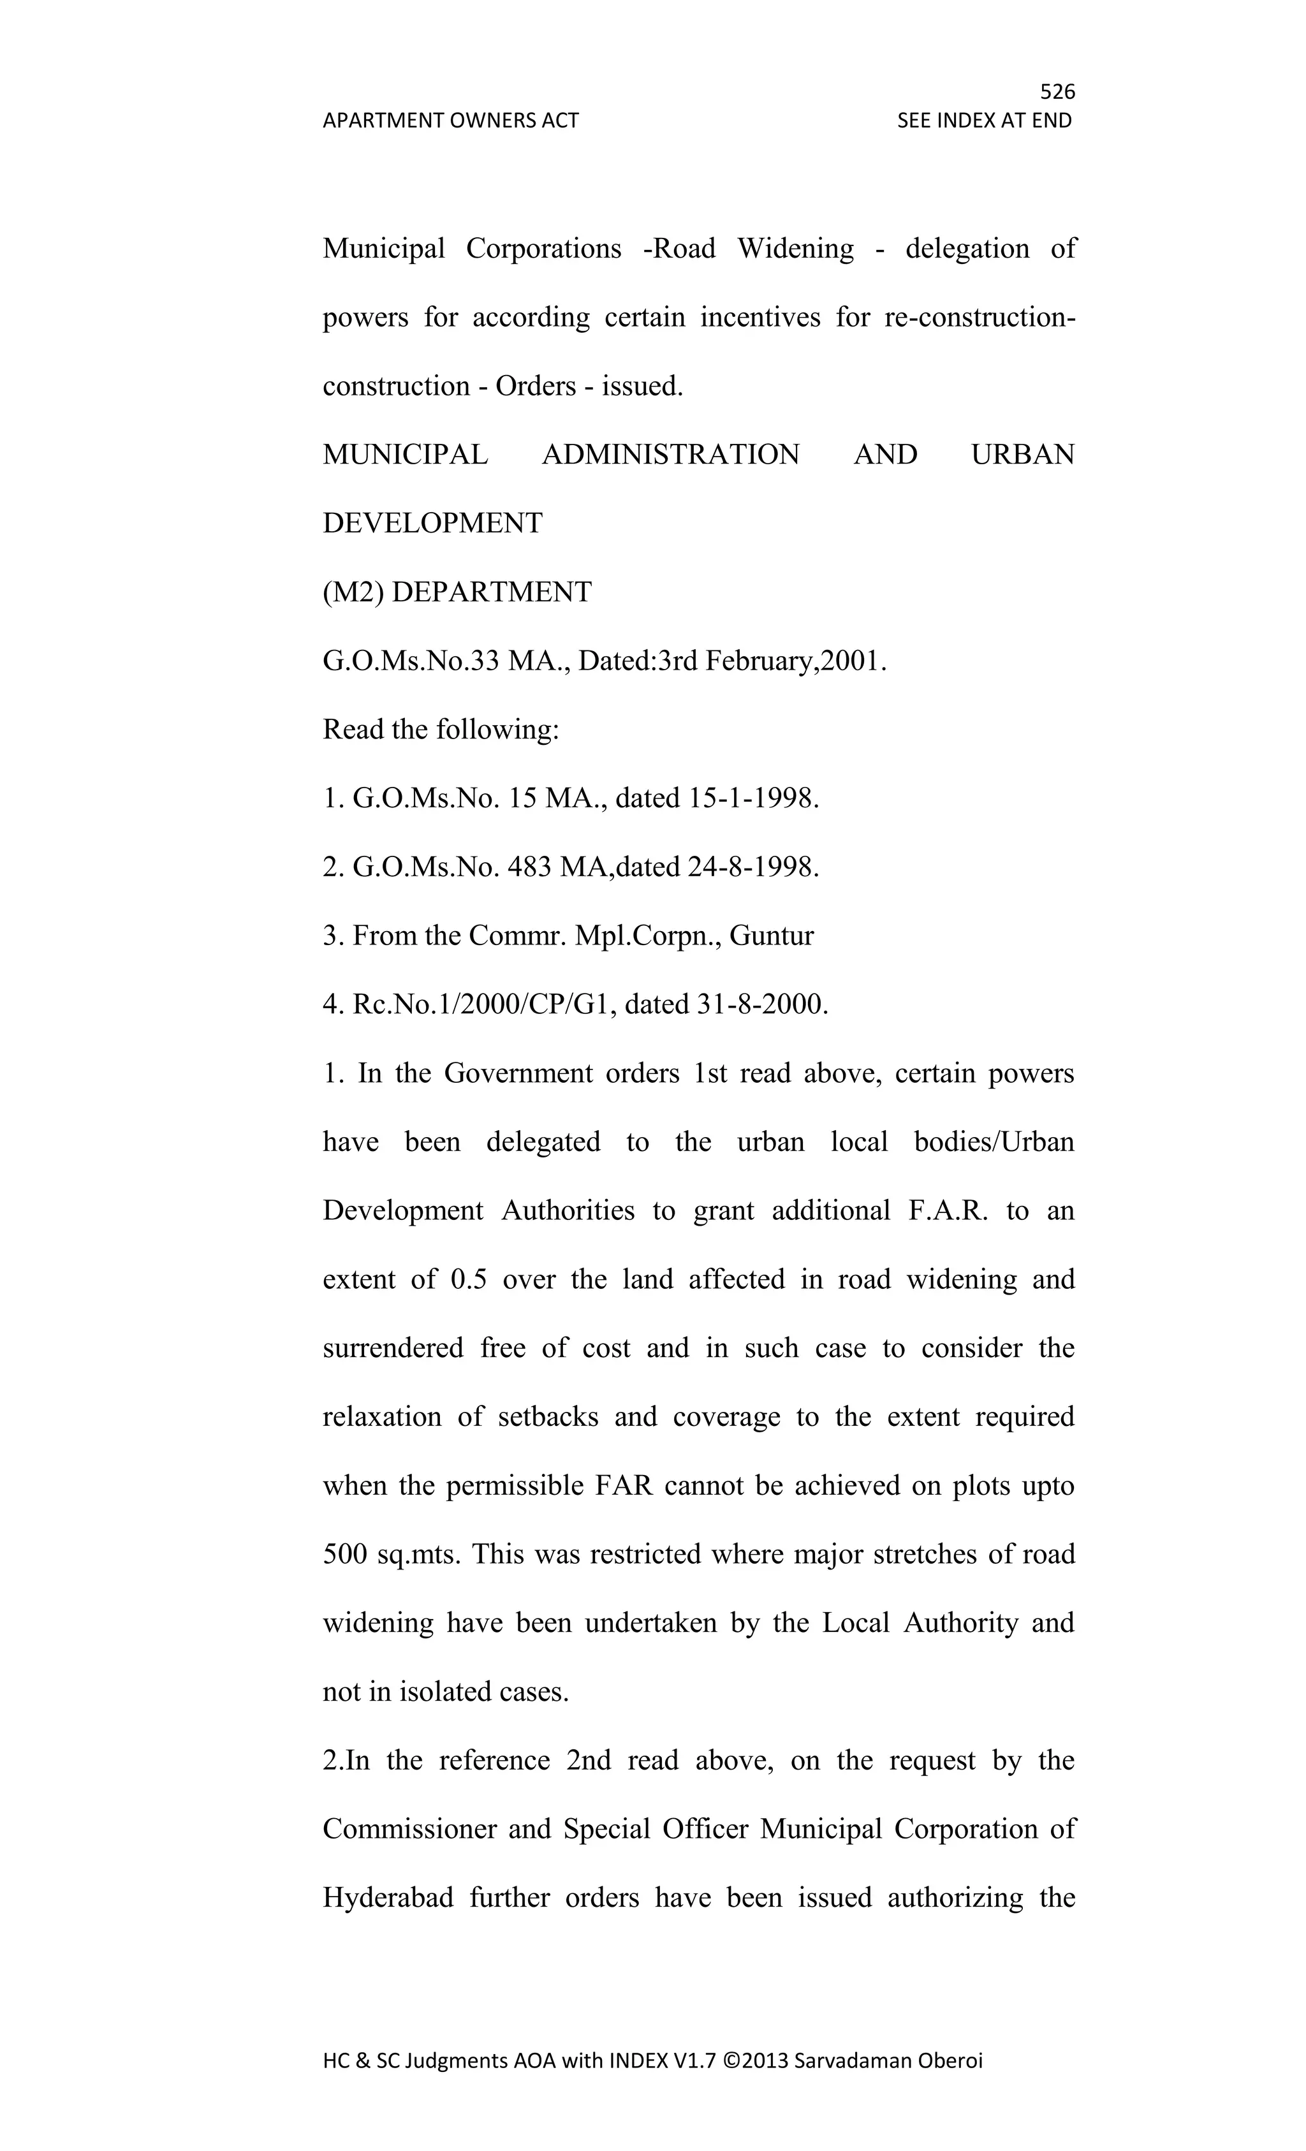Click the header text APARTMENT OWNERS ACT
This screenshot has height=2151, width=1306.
click(450, 121)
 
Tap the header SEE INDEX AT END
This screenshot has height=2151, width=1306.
click(984, 121)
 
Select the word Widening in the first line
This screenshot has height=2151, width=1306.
click(795, 249)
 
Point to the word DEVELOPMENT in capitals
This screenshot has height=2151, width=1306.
click(432, 524)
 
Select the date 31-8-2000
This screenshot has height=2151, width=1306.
click(761, 1006)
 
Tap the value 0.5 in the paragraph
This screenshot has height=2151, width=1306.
click(469, 1281)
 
